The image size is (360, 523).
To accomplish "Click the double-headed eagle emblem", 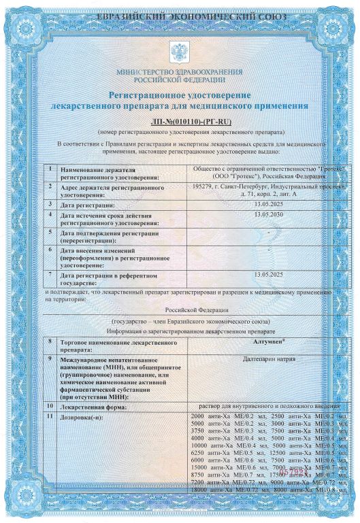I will point(180,52).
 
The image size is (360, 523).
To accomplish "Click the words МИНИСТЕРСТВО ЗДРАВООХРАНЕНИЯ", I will point(180,71).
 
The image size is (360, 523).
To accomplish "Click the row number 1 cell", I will point(50,169).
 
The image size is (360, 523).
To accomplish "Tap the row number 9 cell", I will point(50,358).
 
